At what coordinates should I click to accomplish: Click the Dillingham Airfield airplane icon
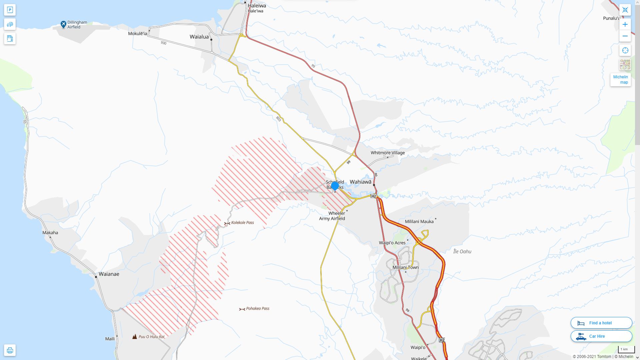click(x=63, y=24)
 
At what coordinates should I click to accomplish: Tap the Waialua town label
click(x=199, y=37)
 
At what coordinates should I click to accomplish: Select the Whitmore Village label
click(x=388, y=153)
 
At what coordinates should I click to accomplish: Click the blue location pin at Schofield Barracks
click(x=335, y=186)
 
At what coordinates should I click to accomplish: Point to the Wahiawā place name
click(x=360, y=182)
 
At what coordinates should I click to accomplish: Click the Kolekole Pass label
click(x=242, y=223)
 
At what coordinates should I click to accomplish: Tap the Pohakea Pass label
click(x=257, y=309)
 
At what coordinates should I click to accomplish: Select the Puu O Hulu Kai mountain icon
click(x=134, y=337)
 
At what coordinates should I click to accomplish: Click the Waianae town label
click(x=109, y=274)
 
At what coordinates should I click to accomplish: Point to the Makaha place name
click(x=50, y=233)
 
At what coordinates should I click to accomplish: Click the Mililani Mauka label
click(x=419, y=222)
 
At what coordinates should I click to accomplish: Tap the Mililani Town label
click(x=405, y=267)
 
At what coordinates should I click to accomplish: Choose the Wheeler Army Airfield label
click(x=332, y=216)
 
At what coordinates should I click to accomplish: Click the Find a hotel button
click(x=601, y=323)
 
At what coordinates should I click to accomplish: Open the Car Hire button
click(x=601, y=336)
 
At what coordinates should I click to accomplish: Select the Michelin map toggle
click(x=620, y=79)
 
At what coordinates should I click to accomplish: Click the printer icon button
click(x=10, y=350)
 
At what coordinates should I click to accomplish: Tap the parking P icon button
click(x=10, y=10)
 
